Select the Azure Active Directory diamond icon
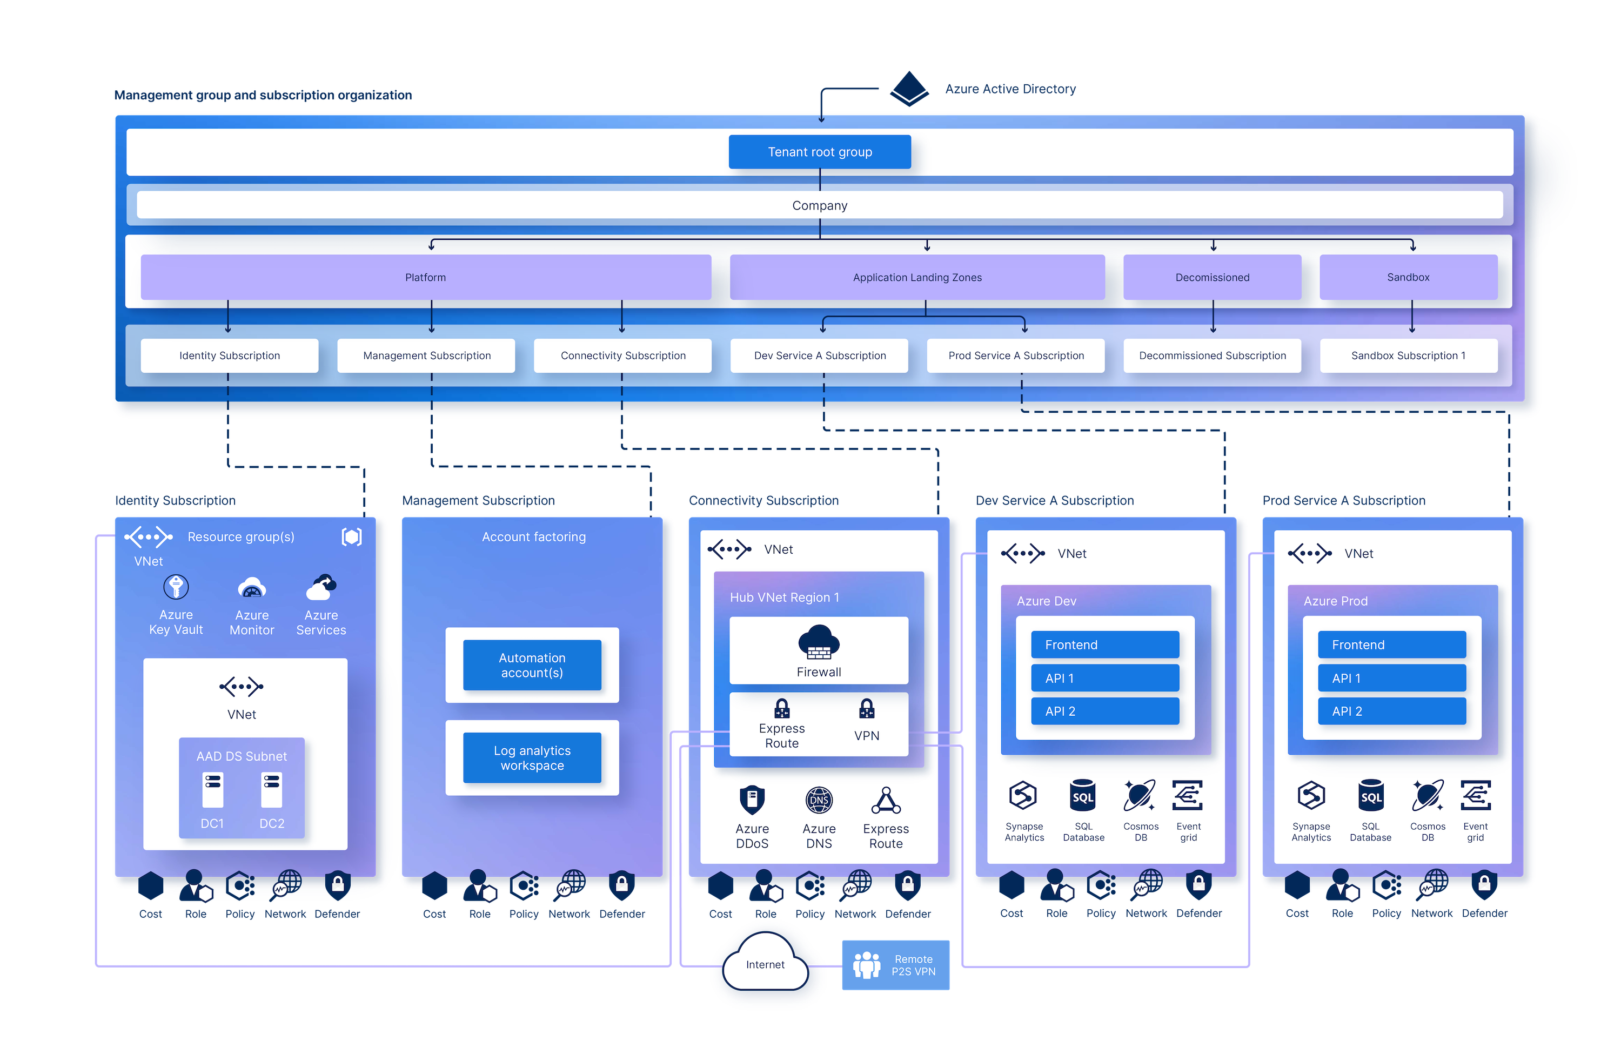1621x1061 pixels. [x=909, y=89]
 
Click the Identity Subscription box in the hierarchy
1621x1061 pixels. [x=230, y=355]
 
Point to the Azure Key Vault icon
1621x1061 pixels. [x=176, y=587]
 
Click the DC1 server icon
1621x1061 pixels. [x=212, y=790]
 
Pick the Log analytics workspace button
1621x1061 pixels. [x=532, y=758]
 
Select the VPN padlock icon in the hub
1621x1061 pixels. [x=866, y=709]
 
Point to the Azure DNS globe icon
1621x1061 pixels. [x=819, y=800]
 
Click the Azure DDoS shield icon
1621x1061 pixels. [x=752, y=800]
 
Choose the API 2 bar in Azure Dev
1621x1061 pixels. [x=1105, y=711]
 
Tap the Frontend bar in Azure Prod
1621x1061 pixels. [x=1391, y=645]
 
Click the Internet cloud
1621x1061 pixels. [x=765, y=964]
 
